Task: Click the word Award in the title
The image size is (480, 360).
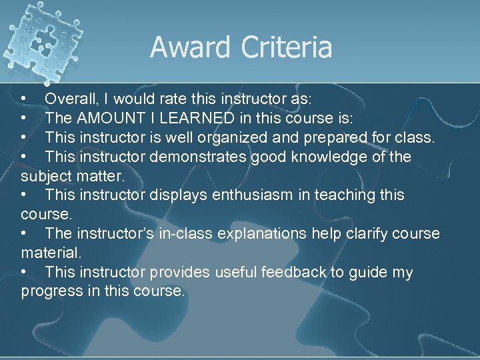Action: (x=189, y=47)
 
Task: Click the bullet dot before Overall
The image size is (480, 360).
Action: (x=24, y=99)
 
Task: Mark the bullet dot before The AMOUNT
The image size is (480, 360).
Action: (x=24, y=119)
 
